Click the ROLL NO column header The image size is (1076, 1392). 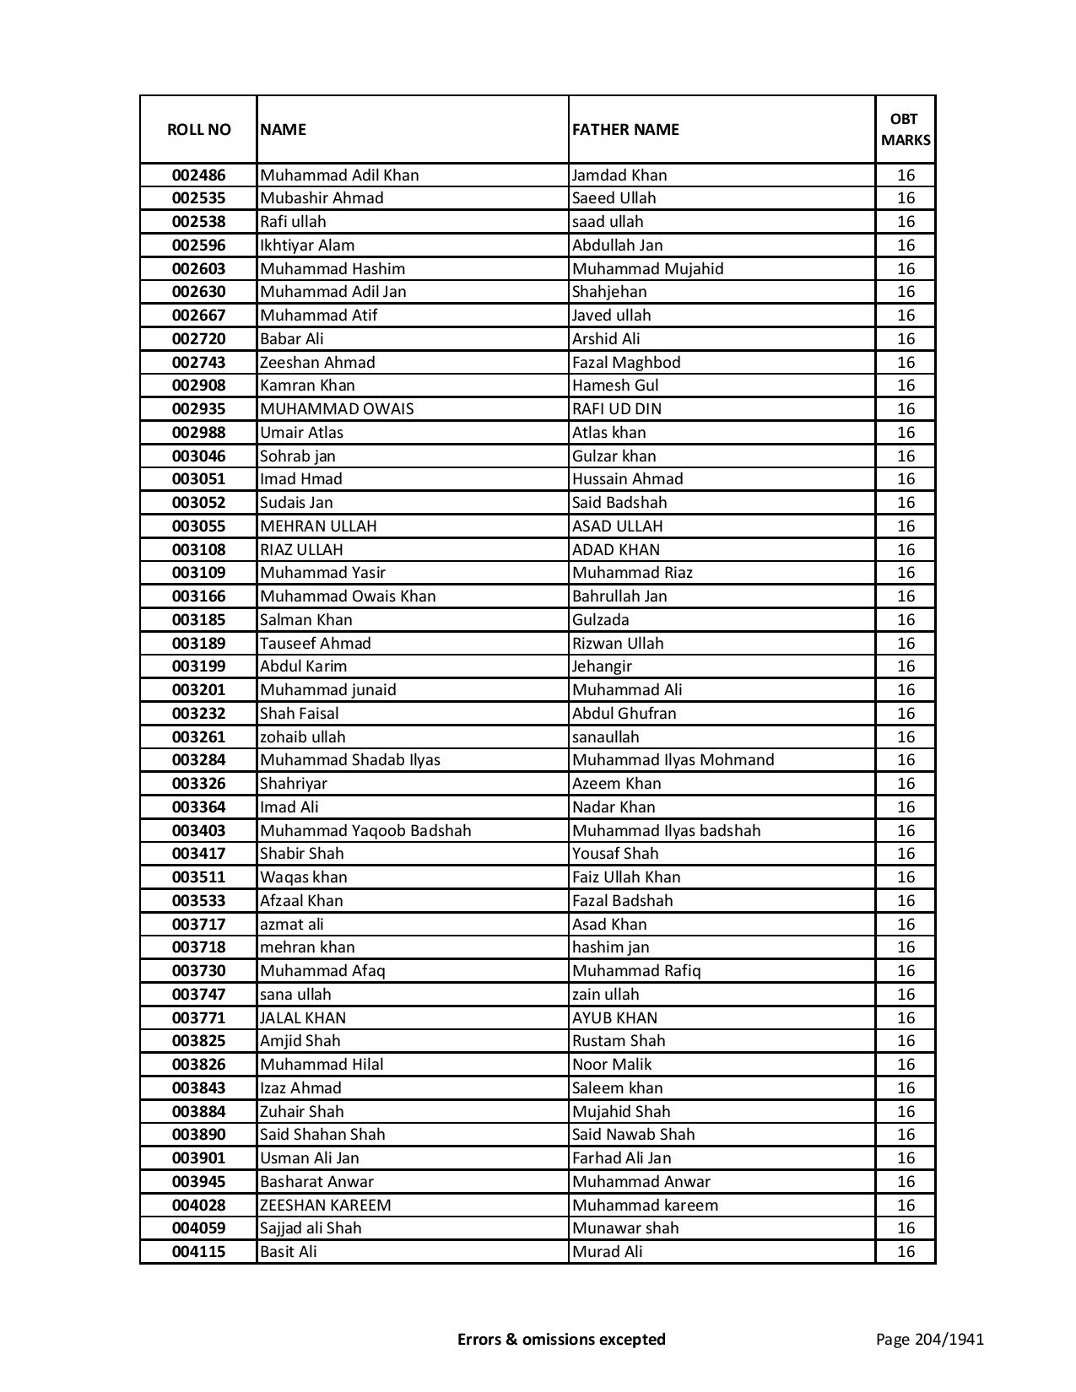(198, 129)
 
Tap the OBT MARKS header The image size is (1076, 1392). (906, 129)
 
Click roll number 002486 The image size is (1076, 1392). (198, 175)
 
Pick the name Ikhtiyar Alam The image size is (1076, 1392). (307, 245)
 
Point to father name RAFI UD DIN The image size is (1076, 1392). (617, 409)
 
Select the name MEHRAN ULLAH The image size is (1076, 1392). (318, 526)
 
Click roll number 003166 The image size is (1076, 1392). (198, 596)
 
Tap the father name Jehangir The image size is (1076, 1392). (602, 666)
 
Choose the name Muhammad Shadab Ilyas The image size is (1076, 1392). (350, 760)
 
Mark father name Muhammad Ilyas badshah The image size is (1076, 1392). (666, 831)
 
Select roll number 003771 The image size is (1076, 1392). (198, 1018)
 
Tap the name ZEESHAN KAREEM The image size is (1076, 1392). (325, 1206)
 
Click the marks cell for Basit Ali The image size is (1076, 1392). (906, 1252)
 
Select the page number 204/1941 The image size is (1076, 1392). (929, 1339)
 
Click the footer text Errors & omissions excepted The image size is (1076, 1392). (561, 1339)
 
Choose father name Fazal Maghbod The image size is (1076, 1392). (626, 363)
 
